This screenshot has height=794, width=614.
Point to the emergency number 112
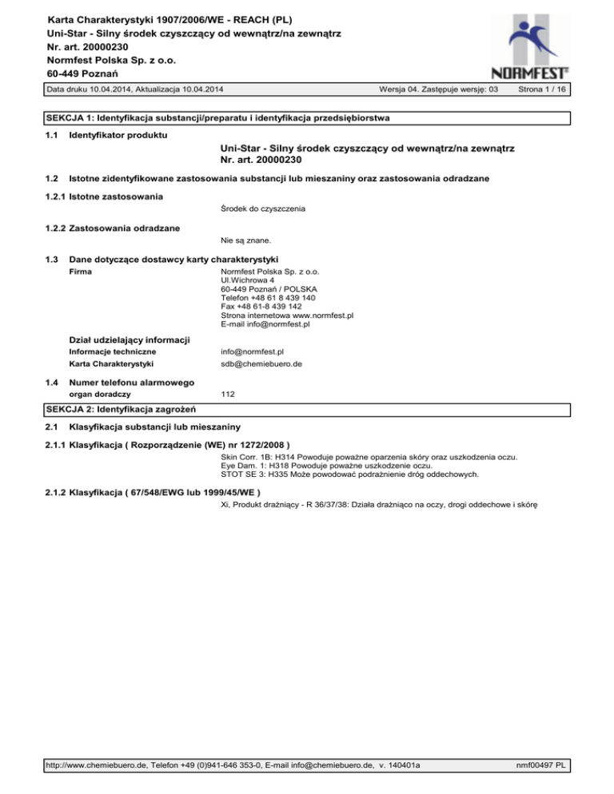(227, 394)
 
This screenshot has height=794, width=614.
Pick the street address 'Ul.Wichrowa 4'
(247, 280)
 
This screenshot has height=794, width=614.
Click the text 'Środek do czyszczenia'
(264, 209)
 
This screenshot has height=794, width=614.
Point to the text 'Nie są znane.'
(245, 240)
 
